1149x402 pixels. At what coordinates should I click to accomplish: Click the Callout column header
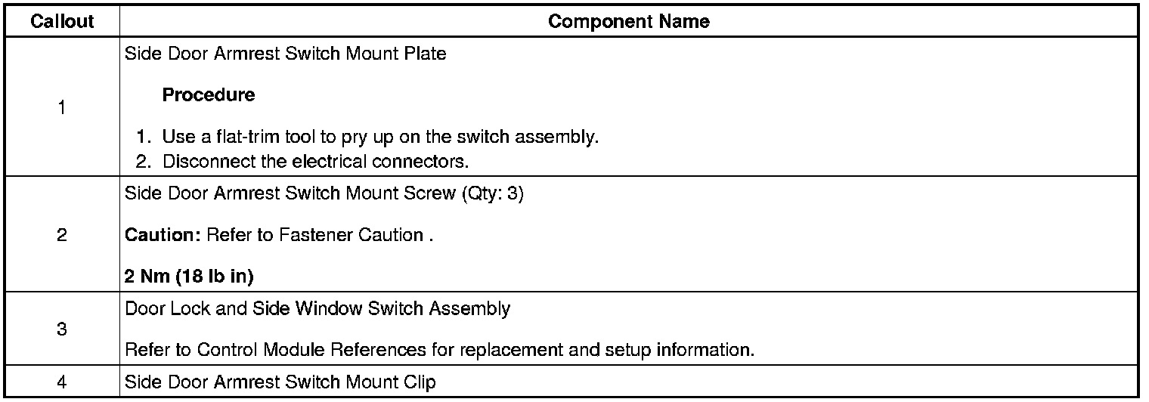pyautogui.click(x=62, y=21)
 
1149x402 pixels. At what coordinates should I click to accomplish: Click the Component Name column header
pyautogui.click(x=629, y=21)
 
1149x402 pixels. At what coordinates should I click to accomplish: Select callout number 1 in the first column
pyautogui.click(x=61, y=107)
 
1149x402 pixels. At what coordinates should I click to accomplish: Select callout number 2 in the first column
pyautogui.click(x=61, y=235)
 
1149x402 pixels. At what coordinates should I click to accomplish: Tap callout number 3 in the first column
pyautogui.click(x=61, y=329)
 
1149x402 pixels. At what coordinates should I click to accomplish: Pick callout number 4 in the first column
pyautogui.click(x=61, y=382)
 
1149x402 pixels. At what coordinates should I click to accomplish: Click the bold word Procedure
pyautogui.click(x=209, y=95)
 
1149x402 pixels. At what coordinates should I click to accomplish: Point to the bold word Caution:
pyautogui.click(x=162, y=235)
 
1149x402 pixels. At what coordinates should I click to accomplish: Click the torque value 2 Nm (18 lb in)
pyautogui.click(x=189, y=277)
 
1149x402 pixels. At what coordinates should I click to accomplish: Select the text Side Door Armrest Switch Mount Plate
pyautogui.click(x=285, y=55)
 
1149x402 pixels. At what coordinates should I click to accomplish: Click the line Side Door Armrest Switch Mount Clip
pyautogui.click(x=280, y=382)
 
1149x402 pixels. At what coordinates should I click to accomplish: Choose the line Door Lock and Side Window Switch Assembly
pyautogui.click(x=317, y=308)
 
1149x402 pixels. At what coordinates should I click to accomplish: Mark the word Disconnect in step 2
pyautogui.click(x=200, y=161)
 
